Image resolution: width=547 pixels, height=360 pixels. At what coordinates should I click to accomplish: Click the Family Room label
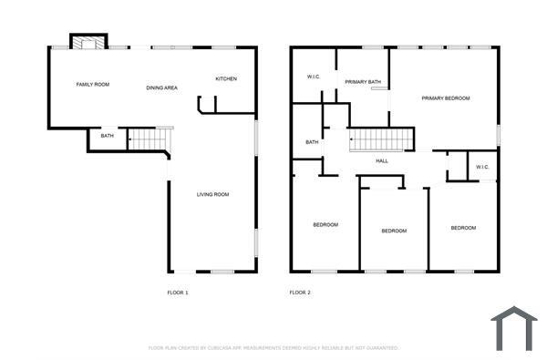(x=92, y=85)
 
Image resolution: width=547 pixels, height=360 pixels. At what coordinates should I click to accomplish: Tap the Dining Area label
(x=161, y=87)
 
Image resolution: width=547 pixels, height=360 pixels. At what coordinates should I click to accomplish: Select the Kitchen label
(x=226, y=79)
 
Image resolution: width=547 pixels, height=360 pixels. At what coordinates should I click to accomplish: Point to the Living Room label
(x=212, y=194)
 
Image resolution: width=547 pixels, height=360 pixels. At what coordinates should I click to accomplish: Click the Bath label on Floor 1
(x=108, y=136)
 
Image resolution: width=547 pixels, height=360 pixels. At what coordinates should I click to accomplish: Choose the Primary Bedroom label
(x=446, y=98)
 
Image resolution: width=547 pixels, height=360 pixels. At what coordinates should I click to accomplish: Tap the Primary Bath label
(x=363, y=83)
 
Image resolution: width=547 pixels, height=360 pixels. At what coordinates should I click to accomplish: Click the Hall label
(x=383, y=161)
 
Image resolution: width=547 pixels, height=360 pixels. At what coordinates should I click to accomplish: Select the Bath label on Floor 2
(x=312, y=142)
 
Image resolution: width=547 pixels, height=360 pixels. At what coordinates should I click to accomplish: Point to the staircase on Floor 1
(x=150, y=139)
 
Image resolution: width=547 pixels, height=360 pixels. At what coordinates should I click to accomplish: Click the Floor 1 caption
(x=178, y=293)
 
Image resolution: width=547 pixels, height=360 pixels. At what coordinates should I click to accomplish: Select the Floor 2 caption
(x=300, y=293)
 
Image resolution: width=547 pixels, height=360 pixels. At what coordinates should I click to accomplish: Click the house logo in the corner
(x=514, y=329)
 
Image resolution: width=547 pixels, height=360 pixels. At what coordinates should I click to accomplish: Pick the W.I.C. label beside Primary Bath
(x=313, y=77)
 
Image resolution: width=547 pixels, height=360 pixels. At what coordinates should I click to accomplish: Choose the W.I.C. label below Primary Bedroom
(x=482, y=167)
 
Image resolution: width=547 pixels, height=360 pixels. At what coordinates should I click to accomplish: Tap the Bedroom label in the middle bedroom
(x=394, y=231)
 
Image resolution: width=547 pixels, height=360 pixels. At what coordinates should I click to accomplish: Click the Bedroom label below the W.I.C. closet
(x=463, y=228)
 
